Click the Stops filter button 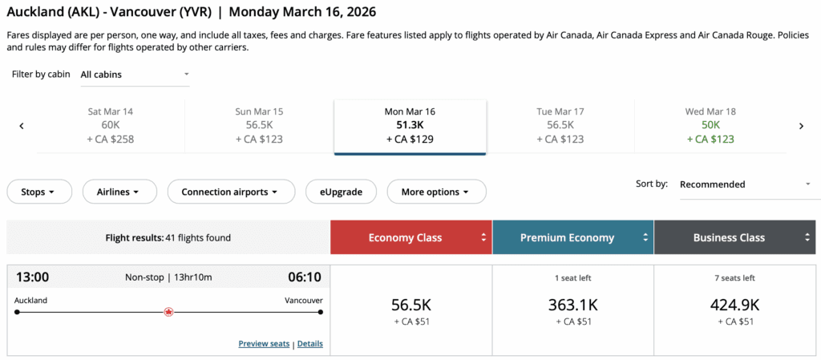pos(39,192)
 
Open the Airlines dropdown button pos(118,192)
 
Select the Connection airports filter pos(229,192)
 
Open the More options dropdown pos(437,192)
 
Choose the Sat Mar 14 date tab pos(111,125)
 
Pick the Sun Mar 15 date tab pos(260,125)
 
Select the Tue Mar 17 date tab pos(560,125)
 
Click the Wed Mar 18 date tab pos(710,125)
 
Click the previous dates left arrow pos(22,126)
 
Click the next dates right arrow pos(800,126)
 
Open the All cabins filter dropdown pos(135,75)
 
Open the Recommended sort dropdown pos(745,184)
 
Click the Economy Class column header pos(410,237)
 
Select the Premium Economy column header pos(572,237)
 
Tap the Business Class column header pos(734,237)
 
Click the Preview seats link pos(264,344)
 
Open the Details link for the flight pos(310,344)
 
